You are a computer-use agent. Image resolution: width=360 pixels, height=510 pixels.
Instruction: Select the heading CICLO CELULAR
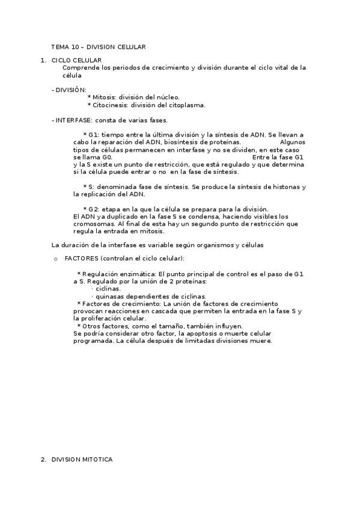76,60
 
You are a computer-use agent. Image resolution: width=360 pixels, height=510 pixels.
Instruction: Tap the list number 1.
42,60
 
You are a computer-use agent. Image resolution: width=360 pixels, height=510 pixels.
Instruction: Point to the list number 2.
43,459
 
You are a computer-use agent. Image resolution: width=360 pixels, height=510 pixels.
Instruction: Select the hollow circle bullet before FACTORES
55,259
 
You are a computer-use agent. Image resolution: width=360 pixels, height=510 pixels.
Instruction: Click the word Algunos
293,142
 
